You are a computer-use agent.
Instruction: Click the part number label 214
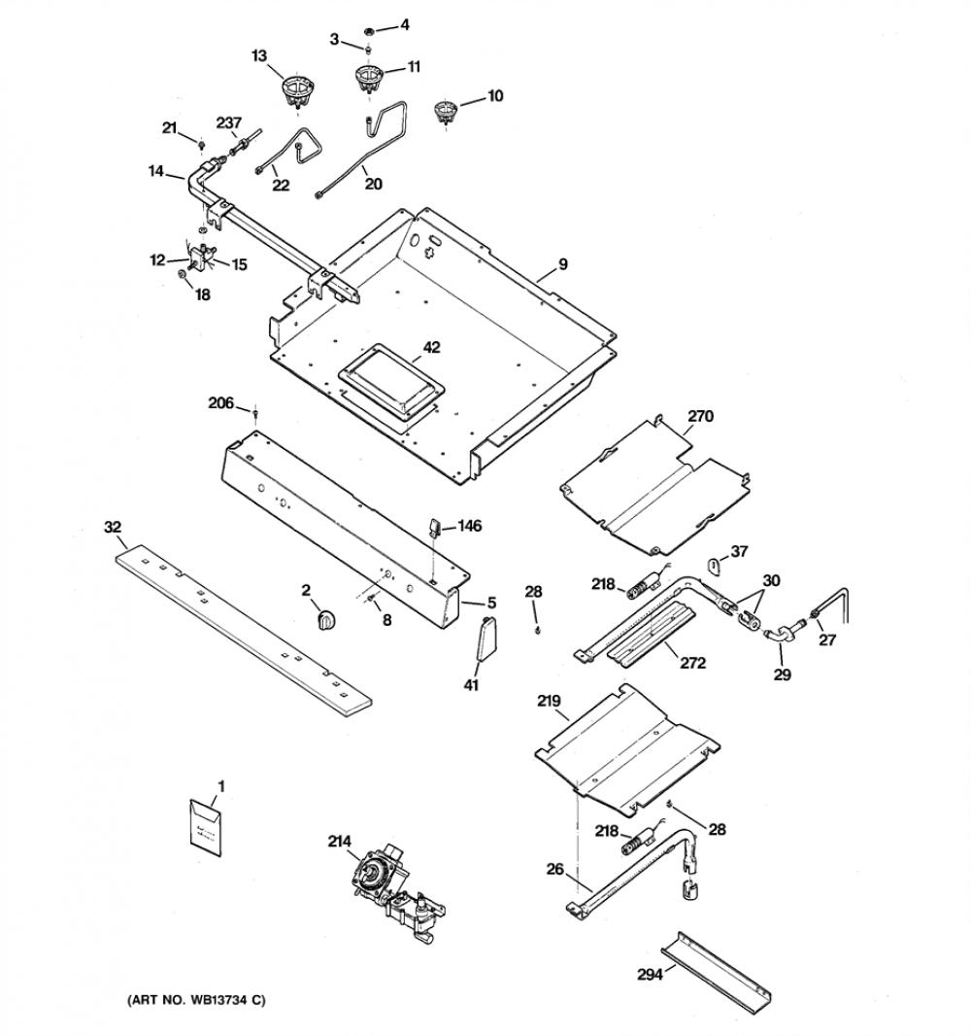[340, 841]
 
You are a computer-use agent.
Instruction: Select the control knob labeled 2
[326, 620]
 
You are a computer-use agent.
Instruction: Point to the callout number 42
[431, 347]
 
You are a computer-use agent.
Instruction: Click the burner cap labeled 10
[447, 111]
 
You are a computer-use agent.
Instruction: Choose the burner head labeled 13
[297, 89]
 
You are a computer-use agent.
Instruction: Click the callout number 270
[700, 416]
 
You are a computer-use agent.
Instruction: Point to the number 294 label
[650, 974]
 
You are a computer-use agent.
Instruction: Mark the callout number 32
[113, 527]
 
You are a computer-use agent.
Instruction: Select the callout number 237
[229, 122]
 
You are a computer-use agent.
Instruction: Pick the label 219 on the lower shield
[549, 701]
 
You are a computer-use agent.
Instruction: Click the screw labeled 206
[255, 414]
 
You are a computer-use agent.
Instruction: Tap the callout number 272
[693, 662]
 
